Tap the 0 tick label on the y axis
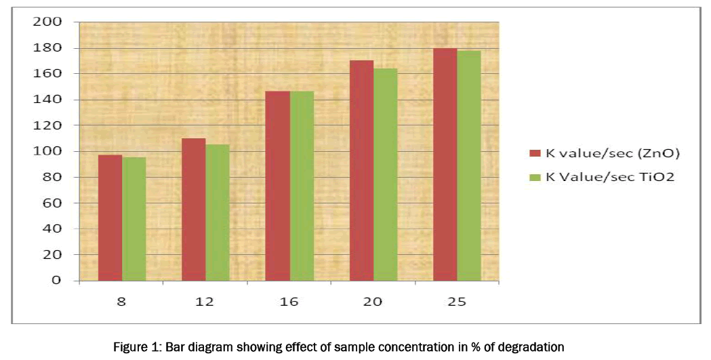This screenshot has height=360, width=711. point(58,280)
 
